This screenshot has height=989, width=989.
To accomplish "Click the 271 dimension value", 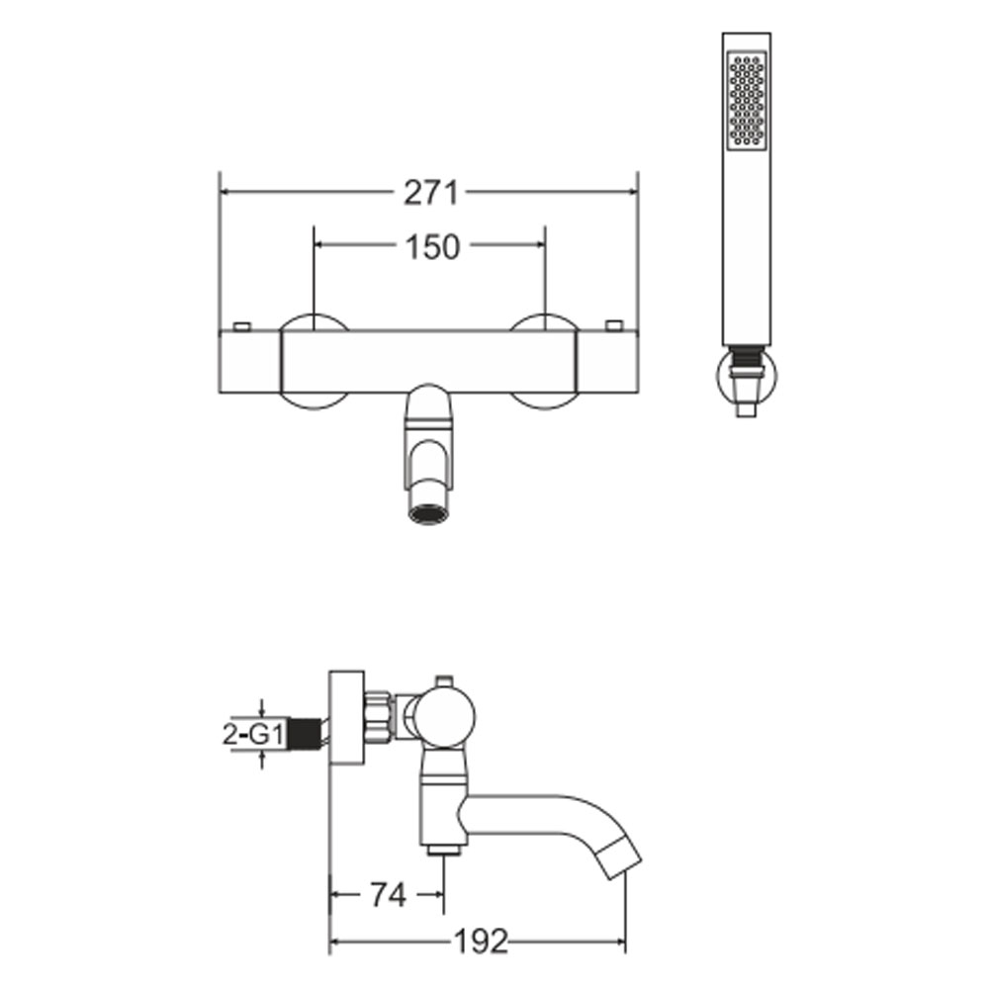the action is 431,193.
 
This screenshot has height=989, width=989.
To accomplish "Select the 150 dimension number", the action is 433,246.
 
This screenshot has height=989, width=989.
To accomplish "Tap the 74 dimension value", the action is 388,894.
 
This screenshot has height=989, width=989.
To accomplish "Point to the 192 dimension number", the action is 481,942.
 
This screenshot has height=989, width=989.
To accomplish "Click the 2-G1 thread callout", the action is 252,734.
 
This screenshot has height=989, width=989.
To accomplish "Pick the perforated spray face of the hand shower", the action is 747,100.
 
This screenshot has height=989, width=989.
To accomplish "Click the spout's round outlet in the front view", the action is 428,514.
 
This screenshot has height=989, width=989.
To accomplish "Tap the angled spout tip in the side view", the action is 619,856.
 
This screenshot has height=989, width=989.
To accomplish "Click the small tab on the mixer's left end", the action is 242,326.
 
